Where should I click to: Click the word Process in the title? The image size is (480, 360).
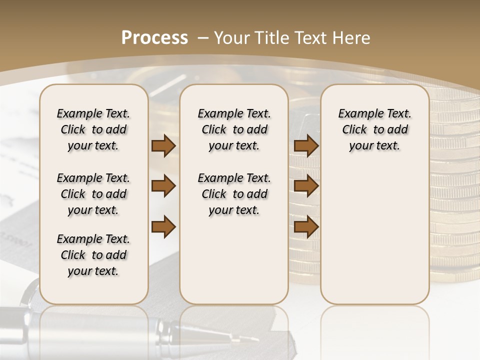click(154, 37)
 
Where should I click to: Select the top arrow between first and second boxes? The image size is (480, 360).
click(163, 146)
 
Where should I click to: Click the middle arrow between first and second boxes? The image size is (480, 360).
click(163, 186)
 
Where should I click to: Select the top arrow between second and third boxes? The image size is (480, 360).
click(306, 146)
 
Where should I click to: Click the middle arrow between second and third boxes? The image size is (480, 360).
click(306, 186)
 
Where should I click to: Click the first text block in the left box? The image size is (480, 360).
click(93, 129)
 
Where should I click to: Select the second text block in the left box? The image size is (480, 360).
click(93, 194)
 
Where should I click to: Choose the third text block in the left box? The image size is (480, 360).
click(93, 255)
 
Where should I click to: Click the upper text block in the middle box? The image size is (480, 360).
click(234, 129)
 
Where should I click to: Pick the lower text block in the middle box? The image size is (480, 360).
click(234, 194)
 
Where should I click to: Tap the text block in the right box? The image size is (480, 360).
click(374, 129)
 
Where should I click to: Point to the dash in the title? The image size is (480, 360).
click(202, 38)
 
